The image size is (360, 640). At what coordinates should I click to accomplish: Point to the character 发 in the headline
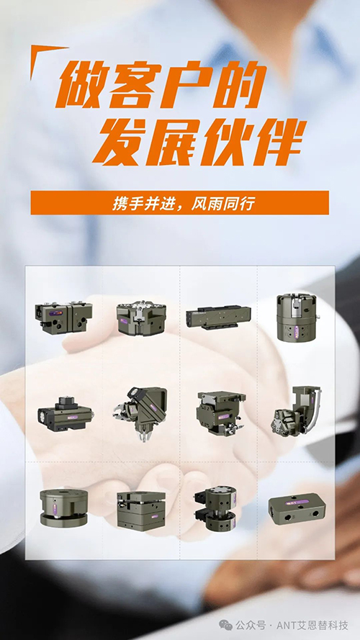(120, 142)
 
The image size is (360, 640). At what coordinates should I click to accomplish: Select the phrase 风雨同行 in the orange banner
(224, 203)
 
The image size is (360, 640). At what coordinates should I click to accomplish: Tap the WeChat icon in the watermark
(225, 625)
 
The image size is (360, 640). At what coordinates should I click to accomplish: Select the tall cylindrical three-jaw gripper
(297, 317)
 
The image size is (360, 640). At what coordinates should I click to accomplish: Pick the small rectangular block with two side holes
(297, 508)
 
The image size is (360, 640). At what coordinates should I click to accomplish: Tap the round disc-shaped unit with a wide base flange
(63, 508)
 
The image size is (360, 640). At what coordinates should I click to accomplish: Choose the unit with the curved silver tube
(296, 412)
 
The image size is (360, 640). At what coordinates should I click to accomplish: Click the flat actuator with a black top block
(66, 413)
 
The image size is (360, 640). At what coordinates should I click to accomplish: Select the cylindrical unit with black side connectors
(215, 508)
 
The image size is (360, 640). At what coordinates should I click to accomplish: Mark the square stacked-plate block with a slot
(141, 510)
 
